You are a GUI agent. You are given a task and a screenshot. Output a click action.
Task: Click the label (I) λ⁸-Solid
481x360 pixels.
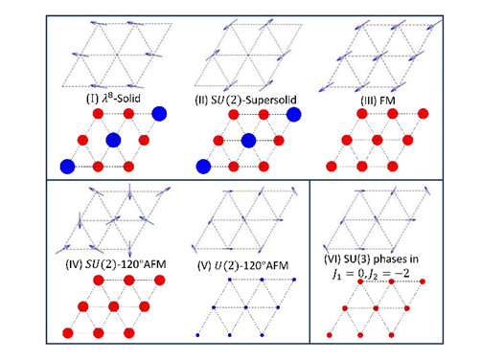(x=113, y=99)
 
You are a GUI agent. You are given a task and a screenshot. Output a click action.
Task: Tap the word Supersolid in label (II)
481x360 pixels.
(x=271, y=100)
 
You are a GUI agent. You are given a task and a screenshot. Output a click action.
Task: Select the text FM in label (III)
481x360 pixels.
(x=387, y=101)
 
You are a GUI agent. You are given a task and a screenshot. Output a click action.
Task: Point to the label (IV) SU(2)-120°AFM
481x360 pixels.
(x=116, y=264)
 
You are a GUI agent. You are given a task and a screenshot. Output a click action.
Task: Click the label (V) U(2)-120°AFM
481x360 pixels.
(x=243, y=265)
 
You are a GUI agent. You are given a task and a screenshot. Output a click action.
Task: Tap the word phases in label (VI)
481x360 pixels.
(x=396, y=259)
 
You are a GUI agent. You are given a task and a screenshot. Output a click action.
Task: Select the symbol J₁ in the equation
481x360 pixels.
(x=336, y=275)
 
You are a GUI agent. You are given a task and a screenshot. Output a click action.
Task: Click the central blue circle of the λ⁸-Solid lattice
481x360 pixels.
(x=113, y=140)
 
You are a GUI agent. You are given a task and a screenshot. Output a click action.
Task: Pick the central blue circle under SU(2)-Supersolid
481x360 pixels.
(x=248, y=141)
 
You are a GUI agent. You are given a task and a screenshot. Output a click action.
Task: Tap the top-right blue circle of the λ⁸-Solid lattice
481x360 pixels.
(x=159, y=114)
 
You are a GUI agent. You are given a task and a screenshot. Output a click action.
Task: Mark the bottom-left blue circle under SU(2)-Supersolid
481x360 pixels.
(x=203, y=167)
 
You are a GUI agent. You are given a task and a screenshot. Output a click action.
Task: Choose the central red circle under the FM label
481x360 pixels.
(x=378, y=140)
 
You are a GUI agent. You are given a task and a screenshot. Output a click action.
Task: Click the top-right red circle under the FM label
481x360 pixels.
(x=423, y=114)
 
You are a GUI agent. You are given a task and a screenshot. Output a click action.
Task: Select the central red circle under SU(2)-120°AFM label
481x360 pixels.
(x=114, y=306)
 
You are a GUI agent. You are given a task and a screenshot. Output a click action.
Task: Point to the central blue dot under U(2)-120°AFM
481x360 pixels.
(x=246, y=307)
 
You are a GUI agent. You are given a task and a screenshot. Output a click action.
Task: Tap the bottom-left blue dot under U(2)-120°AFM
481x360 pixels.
(x=197, y=335)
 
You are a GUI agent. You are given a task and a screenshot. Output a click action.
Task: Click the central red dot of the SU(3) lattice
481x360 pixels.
(x=376, y=308)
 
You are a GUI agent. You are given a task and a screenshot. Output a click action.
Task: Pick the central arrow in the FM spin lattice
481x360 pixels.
(x=380, y=56)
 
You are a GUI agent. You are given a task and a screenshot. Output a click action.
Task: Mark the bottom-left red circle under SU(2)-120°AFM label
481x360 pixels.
(x=68, y=333)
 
